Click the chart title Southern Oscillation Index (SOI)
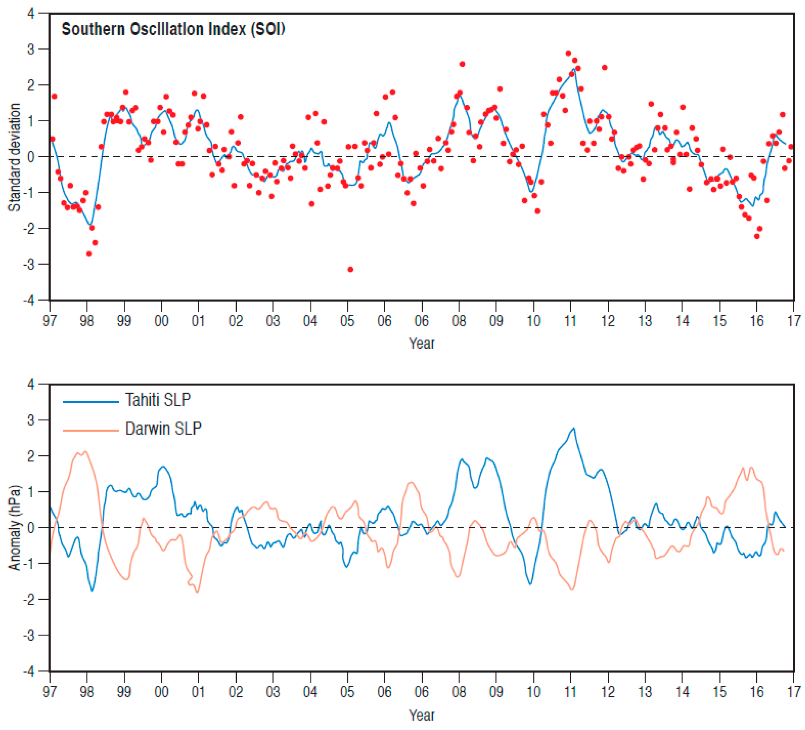pos(173,29)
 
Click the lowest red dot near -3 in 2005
pos(350,269)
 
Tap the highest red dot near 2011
pos(568,54)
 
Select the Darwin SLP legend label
pos(163,429)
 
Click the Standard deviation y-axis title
pos(14,157)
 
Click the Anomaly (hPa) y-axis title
pos(14,528)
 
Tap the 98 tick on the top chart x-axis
pos(87,321)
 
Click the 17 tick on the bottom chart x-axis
pos(794,692)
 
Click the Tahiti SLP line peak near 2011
pos(574,428)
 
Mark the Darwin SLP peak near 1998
pos(85,452)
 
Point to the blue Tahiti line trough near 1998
pos(92,590)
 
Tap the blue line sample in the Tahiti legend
pos(91,402)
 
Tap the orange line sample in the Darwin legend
pos(91,430)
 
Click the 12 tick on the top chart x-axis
pos(608,321)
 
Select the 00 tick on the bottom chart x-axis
pos(161,692)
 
